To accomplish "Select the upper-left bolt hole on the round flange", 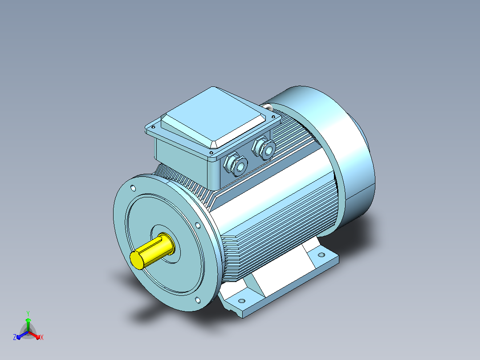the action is pyautogui.click(x=133, y=188).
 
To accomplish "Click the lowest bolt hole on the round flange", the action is pyautogui.click(x=198, y=300).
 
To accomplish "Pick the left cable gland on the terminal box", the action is pyautogui.click(x=235, y=164).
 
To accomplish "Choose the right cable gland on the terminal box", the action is pyautogui.click(x=264, y=148).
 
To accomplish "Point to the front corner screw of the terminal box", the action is pyautogui.click(x=211, y=152).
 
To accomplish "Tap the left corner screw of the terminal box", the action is pyautogui.click(x=153, y=127).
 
